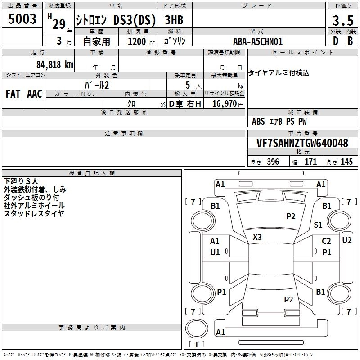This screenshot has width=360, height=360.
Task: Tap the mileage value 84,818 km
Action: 54,64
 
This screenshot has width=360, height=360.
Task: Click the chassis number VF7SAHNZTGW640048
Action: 302,144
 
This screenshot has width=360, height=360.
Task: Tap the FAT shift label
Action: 13,94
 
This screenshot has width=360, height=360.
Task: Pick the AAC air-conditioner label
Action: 34,94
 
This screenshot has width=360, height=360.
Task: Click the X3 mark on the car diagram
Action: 257,237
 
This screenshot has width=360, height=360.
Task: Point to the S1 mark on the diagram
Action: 318,225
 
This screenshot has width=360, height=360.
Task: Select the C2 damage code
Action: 326,241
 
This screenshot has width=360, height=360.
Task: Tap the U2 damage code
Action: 347,240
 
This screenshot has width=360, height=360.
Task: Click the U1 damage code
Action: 215,252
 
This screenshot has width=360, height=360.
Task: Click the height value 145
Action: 346,162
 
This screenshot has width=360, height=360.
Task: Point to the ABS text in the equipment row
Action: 258,121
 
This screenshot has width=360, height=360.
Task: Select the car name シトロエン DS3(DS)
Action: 116,20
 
